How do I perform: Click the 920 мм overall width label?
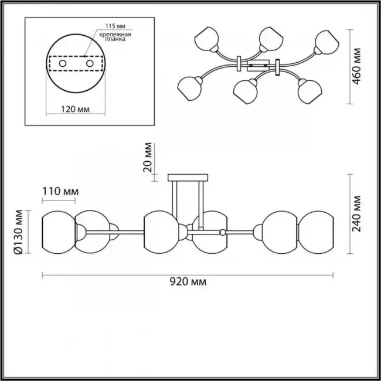[188, 282]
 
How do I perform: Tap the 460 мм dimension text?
[356, 66]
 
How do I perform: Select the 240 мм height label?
[356, 214]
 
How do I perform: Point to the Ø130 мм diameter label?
[18, 232]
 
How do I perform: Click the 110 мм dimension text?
[60, 192]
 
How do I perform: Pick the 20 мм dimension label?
[148, 157]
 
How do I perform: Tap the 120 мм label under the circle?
[75, 110]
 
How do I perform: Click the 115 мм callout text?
[115, 26]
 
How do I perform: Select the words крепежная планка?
[115, 36]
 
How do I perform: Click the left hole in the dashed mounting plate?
[63, 64]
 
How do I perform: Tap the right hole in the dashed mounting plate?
[90, 64]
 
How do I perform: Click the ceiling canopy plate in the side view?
[188, 178]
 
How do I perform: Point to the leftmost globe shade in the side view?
[59, 232]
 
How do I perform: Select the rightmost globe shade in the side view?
[316, 232]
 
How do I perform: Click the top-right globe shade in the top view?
[327, 42]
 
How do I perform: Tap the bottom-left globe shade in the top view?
[189, 89]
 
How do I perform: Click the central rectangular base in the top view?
[258, 66]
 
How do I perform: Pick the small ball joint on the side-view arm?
[222, 233]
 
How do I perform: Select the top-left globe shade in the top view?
[206, 39]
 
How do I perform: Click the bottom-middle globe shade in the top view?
[245, 91]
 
